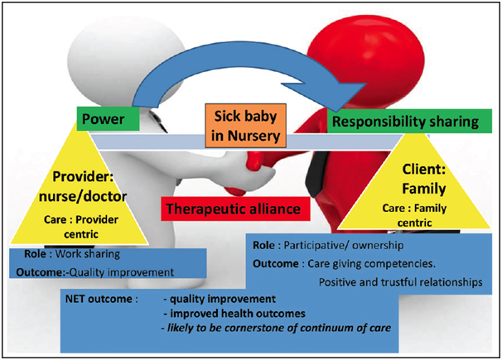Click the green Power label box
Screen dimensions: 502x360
tap(109, 118)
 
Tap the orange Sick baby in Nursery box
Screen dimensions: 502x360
tap(245, 126)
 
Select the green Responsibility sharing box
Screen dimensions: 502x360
tap(409, 121)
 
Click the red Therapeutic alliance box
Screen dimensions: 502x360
tap(235, 209)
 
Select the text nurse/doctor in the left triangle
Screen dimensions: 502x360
tap(83, 196)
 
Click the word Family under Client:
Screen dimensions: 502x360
tap(423, 189)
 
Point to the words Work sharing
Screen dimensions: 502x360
tap(88, 254)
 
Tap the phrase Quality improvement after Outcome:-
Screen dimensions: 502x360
tap(122, 272)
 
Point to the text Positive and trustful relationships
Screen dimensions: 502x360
tap(400, 282)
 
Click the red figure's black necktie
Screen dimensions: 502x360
tap(316, 175)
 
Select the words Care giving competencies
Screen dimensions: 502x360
tap(371, 264)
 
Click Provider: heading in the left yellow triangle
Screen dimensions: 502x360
tap(83, 176)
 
